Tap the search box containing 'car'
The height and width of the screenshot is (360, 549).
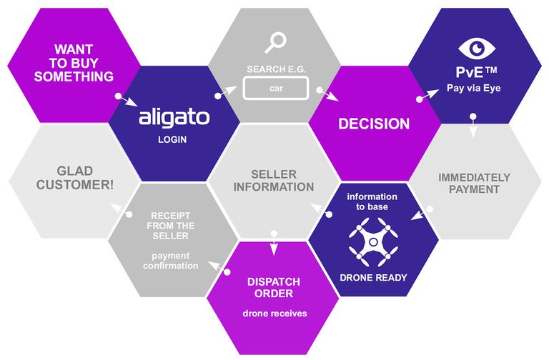pos(274,89)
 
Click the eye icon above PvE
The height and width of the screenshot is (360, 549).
pos(474,49)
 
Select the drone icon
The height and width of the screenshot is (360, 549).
pos(373,242)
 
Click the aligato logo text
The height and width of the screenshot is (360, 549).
pos(174,116)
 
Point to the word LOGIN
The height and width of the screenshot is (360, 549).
pos(172,140)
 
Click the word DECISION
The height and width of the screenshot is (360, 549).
pos(374,124)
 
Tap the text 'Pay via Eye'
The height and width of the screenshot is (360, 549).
pos(474,88)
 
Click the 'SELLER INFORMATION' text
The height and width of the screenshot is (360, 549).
pos(274,181)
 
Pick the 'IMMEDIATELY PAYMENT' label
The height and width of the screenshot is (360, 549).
pos(474,183)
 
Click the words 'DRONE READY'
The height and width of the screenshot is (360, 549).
pos(373,277)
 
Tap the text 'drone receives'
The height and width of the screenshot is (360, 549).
pos(274,312)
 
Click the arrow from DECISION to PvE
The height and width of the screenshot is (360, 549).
pos(427,96)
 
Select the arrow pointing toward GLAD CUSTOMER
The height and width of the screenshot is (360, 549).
pos(121,211)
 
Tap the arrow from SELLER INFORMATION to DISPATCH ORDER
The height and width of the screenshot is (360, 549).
pos(272,241)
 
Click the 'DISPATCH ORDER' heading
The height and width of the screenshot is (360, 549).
pos(274,287)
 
